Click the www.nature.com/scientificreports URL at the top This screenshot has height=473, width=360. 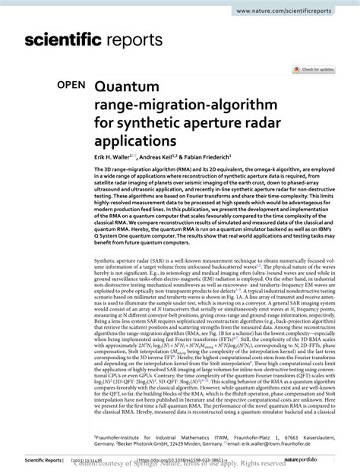[292, 13]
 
